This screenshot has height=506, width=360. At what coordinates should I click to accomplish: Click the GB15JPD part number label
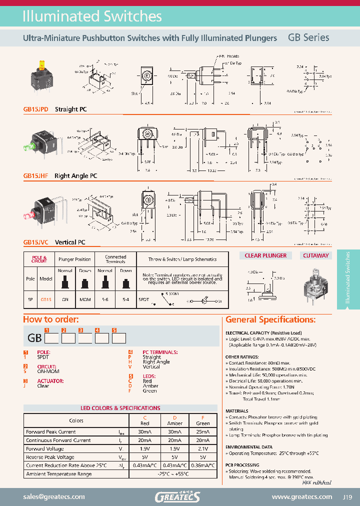35,109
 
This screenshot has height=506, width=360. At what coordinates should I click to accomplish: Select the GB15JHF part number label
35,176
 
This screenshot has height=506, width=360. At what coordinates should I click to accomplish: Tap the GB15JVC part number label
35,242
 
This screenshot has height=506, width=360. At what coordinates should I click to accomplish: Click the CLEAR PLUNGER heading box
265,255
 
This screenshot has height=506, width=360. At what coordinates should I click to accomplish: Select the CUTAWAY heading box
316,255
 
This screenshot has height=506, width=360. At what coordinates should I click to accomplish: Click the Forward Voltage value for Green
203,449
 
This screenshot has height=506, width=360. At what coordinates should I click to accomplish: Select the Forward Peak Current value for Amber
174,432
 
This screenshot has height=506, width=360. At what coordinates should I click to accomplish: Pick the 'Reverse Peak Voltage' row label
50,457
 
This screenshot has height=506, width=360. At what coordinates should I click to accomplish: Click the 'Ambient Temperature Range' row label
58,474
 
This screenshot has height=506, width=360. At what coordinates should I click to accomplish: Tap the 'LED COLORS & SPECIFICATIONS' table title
120,408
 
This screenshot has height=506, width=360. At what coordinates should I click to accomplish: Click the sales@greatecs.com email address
54,497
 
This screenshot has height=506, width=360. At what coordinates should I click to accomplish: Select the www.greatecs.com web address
301,497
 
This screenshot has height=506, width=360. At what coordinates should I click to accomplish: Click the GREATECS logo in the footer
177,496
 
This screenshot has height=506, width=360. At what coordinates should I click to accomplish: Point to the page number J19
348,497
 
